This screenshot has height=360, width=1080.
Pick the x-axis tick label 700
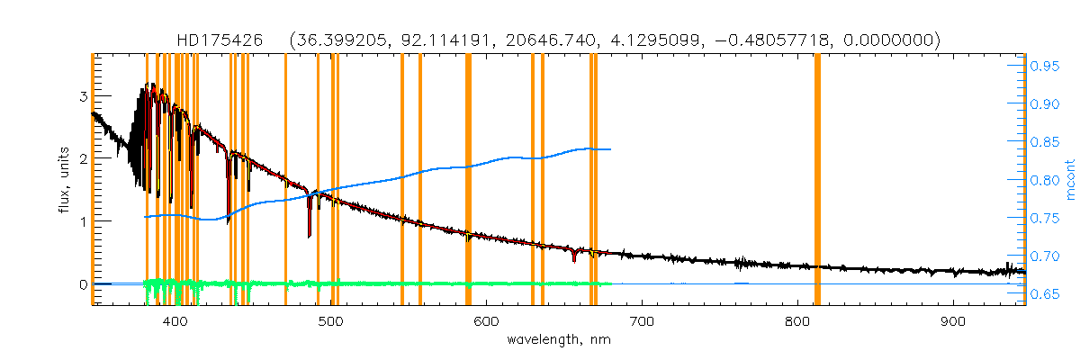point(642,321)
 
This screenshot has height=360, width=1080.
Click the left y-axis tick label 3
point(84,96)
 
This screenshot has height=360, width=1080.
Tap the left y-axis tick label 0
point(84,284)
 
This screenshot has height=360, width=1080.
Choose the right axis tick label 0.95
point(1044,66)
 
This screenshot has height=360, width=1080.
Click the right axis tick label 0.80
point(1044,180)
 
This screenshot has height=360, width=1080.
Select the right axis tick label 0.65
point(1044,294)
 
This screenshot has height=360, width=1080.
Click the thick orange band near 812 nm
point(817,180)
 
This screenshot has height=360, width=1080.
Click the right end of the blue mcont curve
point(611,149)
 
